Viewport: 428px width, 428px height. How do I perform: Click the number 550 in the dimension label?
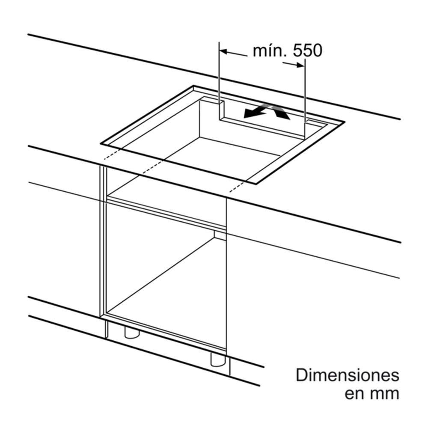(x=308, y=51)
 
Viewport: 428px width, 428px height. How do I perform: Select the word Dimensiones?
(x=348, y=375)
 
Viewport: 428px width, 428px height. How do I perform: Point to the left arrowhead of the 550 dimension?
(x=223, y=51)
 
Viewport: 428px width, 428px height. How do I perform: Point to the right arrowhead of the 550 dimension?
(x=301, y=65)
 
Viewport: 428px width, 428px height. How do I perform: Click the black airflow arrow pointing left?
(x=255, y=111)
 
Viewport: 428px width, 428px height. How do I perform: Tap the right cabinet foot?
(x=218, y=360)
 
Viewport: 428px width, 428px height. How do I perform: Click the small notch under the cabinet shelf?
(x=220, y=235)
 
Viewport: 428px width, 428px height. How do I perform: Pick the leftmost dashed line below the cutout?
(x=112, y=156)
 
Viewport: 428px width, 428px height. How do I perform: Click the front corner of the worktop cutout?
(x=256, y=184)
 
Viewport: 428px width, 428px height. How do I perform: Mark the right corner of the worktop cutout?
(x=345, y=122)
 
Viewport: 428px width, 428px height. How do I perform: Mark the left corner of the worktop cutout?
(x=101, y=143)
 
